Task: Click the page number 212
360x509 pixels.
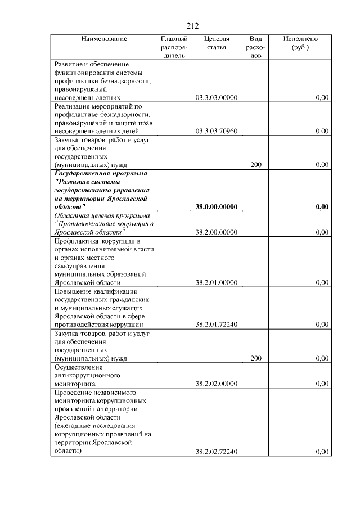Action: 192,26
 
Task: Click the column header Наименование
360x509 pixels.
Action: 104,39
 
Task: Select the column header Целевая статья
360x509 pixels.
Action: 217,43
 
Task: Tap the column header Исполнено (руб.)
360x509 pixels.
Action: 300,43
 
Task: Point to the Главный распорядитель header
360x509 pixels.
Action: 173,48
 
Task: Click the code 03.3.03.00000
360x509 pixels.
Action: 217,98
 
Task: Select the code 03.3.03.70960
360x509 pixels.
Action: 217,132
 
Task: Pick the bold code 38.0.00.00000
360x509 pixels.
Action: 217,207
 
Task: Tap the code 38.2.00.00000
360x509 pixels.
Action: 217,232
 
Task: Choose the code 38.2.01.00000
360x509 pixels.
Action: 217,283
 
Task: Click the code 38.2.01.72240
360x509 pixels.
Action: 217,325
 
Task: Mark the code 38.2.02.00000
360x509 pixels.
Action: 217,384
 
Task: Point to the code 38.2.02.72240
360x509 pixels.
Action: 217,451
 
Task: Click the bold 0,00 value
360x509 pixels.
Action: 322,207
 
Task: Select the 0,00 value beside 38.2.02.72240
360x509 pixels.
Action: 322,451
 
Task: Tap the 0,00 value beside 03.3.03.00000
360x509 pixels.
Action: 322,98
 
